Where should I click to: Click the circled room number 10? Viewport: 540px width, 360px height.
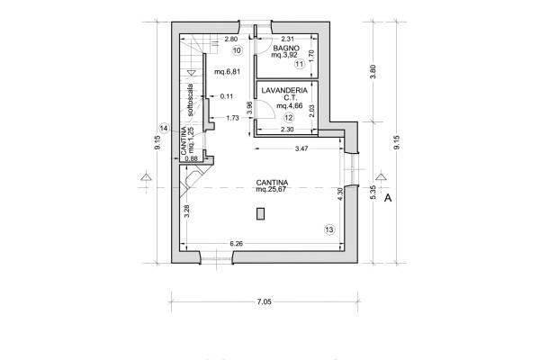[238, 50]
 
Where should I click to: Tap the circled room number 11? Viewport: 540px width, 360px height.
[300, 64]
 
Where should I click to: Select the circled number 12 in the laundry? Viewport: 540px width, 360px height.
[289, 118]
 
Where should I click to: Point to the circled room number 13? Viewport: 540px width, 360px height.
[329, 229]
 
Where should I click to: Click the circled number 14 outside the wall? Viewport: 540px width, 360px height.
[165, 129]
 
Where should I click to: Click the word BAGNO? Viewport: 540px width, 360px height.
[286, 49]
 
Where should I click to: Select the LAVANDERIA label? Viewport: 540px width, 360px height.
[284, 91]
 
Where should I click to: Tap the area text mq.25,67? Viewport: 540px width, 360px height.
[272, 189]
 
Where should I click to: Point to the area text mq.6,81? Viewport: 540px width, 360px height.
[228, 72]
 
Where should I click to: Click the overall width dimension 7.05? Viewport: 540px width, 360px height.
[264, 301]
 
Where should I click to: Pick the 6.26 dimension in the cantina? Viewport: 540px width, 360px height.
[236, 244]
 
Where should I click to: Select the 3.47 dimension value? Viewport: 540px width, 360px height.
[301, 148]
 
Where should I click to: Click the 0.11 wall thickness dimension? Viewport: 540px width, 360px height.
[227, 96]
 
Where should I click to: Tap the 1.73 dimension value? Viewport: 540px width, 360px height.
[232, 118]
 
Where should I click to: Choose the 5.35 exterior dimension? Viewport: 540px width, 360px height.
[373, 193]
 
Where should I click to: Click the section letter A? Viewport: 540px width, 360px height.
[388, 198]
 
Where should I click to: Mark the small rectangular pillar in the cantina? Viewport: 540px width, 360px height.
[261, 214]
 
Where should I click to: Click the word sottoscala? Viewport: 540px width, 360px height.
[190, 100]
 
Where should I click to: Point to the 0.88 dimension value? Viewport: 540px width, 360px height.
[191, 158]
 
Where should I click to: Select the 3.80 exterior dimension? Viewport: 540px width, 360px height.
[373, 72]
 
